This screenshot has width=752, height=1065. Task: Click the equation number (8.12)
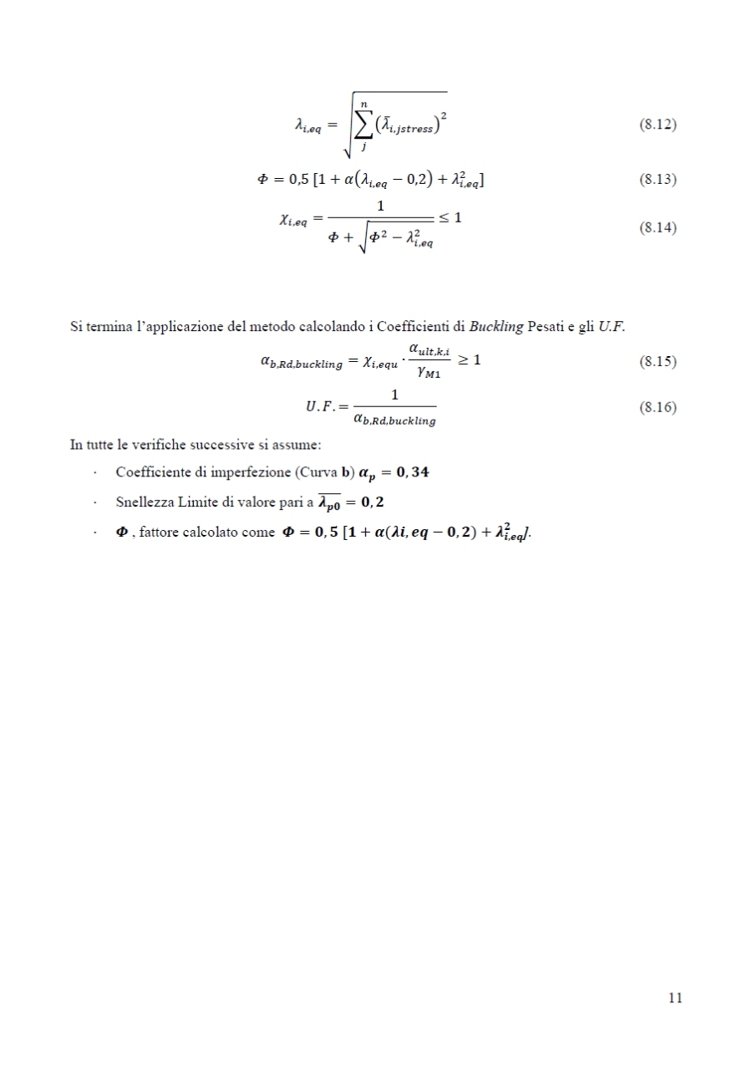click(657, 125)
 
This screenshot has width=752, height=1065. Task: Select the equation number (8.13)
click(657, 180)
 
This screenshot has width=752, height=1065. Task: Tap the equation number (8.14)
click(657, 227)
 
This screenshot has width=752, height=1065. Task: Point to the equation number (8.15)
click(657, 362)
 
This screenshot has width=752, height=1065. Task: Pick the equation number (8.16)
click(657, 407)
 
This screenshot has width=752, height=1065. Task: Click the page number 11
click(675, 997)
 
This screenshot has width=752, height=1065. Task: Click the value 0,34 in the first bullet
click(407, 472)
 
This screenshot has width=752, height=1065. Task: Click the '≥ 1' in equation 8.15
click(468, 361)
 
